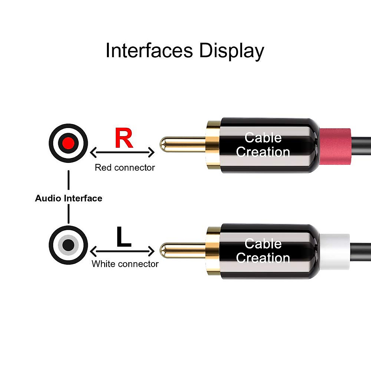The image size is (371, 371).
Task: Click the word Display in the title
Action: (x=232, y=51)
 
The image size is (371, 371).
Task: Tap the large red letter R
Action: (x=124, y=138)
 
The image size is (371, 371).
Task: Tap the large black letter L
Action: (x=124, y=237)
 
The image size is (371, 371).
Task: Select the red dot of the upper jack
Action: (x=68, y=143)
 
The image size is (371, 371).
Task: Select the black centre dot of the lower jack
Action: (x=68, y=245)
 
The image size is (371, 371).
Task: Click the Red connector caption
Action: (x=125, y=168)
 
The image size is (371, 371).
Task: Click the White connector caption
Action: (x=125, y=264)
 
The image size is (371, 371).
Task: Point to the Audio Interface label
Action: (x=69, y=198)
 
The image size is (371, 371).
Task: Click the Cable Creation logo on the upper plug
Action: (x=263, y=145)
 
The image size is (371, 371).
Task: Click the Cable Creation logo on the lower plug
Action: (x=263, y=251)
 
